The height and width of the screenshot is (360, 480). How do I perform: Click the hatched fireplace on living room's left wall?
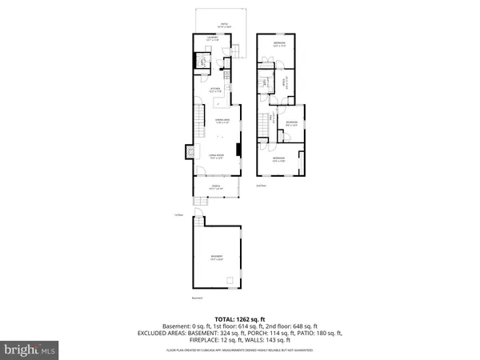coord(189,152)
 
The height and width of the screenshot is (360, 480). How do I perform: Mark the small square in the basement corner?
coord(230,280)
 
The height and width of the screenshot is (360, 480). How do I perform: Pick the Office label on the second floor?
coord(289,80)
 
